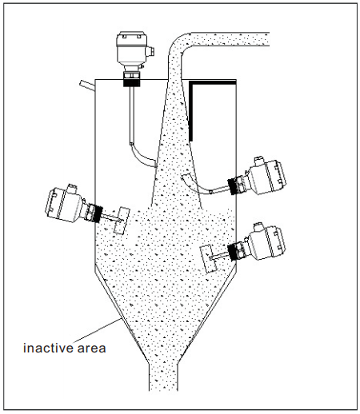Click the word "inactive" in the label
tap(48, 348)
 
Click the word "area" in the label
tap(91, 348)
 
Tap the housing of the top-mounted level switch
tap(131, 50)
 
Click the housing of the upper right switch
tap(267, 176)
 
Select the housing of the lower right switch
tap(266, 242)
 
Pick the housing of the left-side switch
tap(64, 203)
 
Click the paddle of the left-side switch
tap(122, 221)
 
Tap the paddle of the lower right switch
tap(209, 259)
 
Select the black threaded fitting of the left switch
tap(98, 213)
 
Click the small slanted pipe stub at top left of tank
tap(87, 85)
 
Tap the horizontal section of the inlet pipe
tap(230, 39)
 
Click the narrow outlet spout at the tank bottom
tap(163, 377)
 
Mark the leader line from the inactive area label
tap(97, 330)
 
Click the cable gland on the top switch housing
tap(150, 51)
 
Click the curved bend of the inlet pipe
tap(177, 45)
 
